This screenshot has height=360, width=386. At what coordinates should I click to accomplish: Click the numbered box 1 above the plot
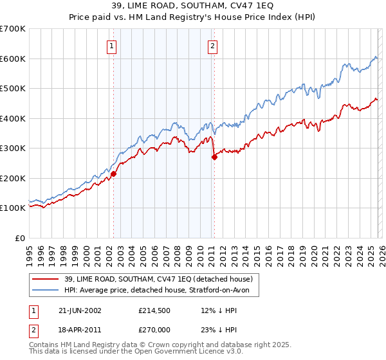tap(113, 46)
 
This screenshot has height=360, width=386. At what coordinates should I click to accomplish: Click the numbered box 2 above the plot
tap(212, 46)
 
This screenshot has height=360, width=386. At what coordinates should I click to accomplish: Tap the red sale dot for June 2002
tap(114, 174)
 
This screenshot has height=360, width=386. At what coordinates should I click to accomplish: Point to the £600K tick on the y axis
tap(13, 59)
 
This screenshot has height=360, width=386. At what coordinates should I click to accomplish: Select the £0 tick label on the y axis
tap(20, 238)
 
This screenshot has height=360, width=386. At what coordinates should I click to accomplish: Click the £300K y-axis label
tap(13, 148)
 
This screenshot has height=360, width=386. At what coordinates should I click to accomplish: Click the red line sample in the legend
tap(46, 279)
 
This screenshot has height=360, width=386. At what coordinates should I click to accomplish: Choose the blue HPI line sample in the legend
tap(46, 291)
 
